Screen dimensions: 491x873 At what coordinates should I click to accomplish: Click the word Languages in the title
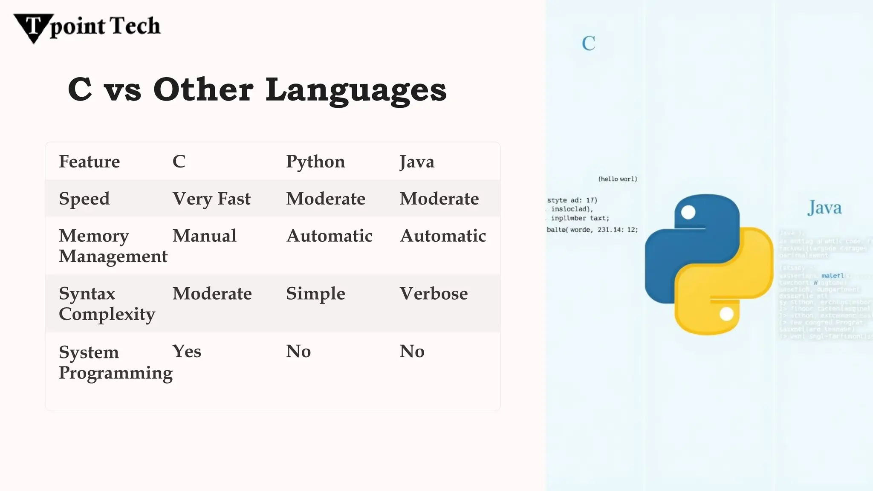click(x=356, y=90)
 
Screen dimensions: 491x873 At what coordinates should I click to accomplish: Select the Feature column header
click(x=89, y=162)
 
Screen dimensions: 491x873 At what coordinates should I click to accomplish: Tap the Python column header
click(x=315, y=162)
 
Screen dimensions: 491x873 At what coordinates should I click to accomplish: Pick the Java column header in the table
click(x=416, y=162)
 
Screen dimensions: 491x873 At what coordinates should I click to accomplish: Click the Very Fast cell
click(x=211, y=199)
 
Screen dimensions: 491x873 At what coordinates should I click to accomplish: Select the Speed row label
click(x=84, y=199)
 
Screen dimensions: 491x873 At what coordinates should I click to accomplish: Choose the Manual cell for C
click(x=204, y=236)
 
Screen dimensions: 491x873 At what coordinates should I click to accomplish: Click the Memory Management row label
click(x=113, y=246)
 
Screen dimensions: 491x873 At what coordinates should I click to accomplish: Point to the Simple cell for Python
click(x=315, y=294)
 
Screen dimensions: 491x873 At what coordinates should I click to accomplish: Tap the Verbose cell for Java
click(x=434, y=294)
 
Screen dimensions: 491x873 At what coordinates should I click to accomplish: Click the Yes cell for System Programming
click(x=187, y=352)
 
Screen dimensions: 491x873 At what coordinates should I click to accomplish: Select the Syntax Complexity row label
click(x=107, y=303)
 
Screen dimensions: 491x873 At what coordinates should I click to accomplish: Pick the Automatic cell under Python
click(x=329, y=236)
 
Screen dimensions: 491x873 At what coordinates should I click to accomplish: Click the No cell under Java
click(x=412, y=352)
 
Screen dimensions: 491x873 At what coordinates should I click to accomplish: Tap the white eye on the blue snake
click(x=688, y=212)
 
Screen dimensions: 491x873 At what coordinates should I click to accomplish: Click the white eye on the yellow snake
click(x=726, y=314)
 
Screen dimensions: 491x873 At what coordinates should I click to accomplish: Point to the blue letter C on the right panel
click(x=589, y=43)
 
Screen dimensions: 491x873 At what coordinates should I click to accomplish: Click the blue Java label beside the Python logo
click(x=824, y=208)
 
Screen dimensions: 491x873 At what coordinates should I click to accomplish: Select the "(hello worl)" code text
click(x=618, y=179)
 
